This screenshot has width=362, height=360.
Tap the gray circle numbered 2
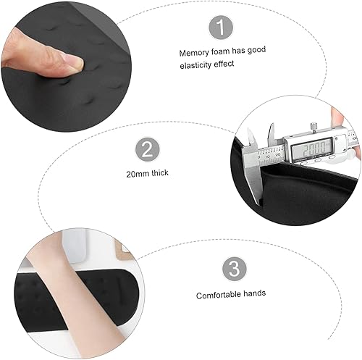pyautogui.click(x=146, y=151)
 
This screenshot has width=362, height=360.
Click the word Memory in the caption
pyautogui.click(x=193, y=53)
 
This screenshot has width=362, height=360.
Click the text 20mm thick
pyautogui.click(x=147, y=175)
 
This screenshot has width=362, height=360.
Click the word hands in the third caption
pyautogui.click(x=253, y=296)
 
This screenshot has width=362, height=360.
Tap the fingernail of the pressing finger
pyautogui.click(x=71, y=65)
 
